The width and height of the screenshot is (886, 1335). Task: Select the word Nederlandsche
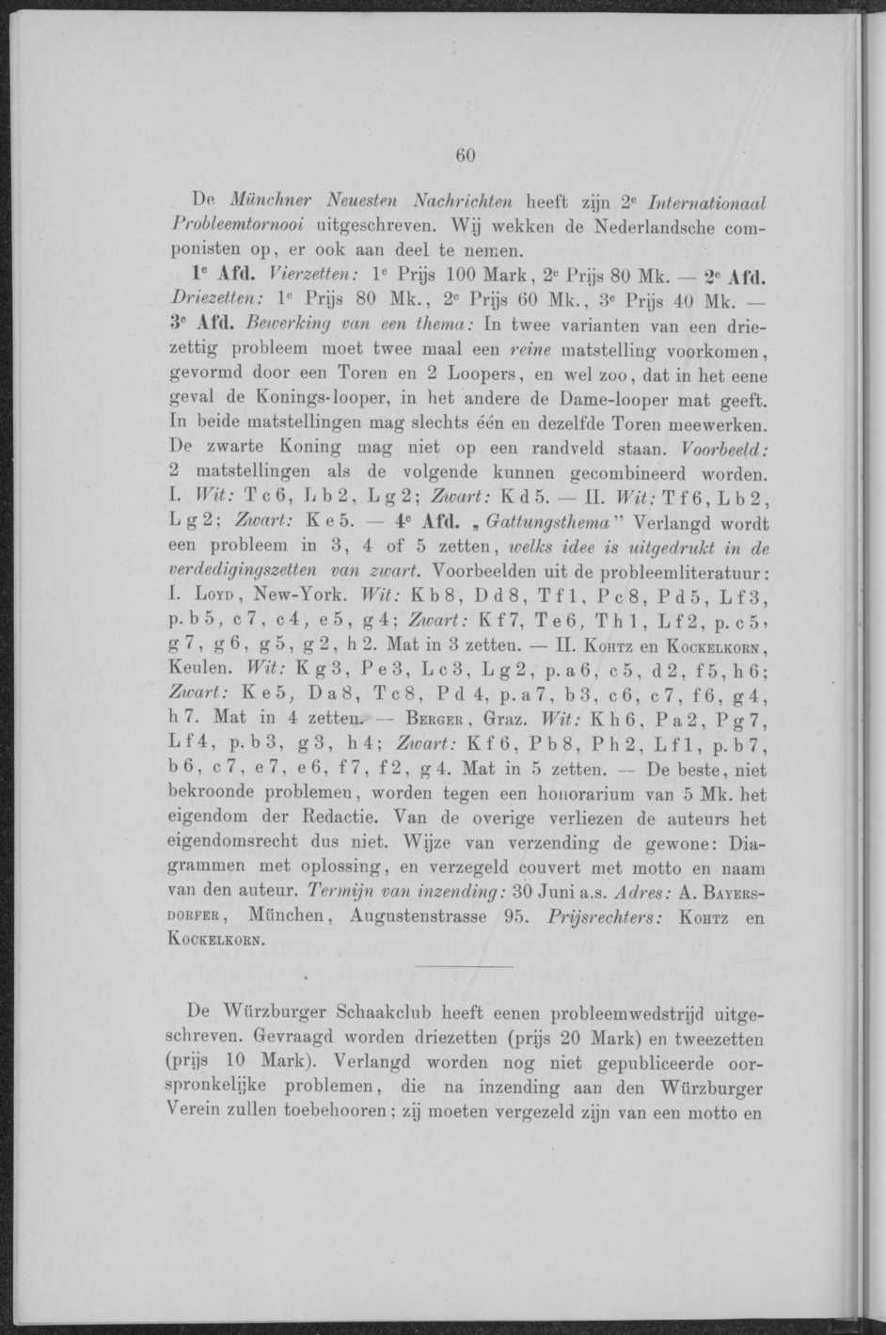tap(664, 226)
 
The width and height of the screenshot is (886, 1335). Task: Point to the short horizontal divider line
tap(463, 967)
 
